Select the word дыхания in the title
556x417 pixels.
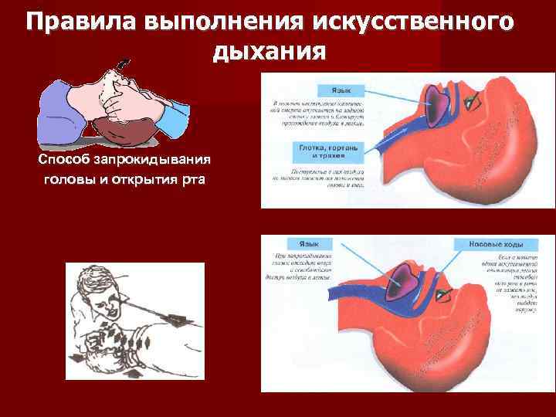(x=267, y=53)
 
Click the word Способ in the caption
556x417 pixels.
(x=65, y=160)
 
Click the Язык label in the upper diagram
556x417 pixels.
(x=345, y=90)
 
